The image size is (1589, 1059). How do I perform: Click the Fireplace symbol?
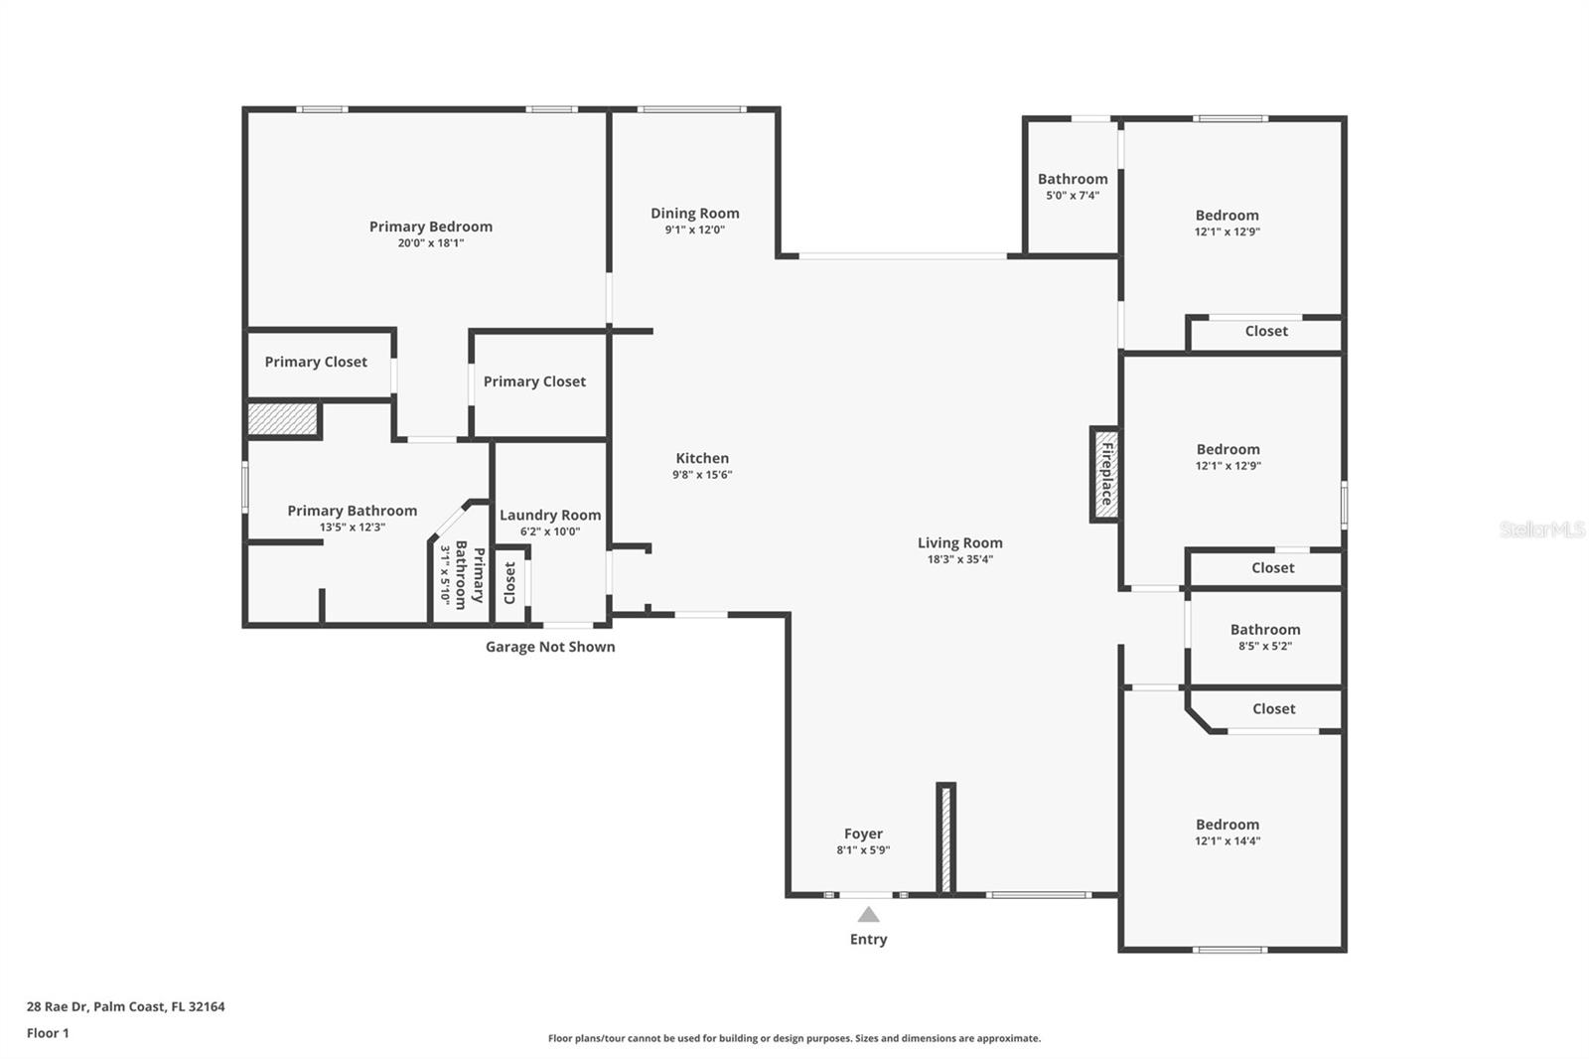[1105, 474]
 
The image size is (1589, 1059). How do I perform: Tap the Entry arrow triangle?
[868, 915]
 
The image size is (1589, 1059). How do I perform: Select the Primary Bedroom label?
[430, 227]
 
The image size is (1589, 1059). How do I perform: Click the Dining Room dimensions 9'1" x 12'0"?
[694, 229]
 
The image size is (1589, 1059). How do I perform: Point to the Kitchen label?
[702, 458]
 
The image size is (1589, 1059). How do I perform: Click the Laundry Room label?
[549, 515]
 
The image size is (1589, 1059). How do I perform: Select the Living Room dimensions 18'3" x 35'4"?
[959, 559]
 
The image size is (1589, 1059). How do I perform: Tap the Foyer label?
[863, 833]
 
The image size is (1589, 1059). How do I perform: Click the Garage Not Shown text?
[549, 647]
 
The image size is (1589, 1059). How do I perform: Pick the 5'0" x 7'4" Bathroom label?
[1073, 180]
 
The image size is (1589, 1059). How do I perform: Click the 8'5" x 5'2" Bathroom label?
[1264, 630]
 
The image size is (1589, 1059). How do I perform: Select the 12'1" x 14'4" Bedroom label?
[1228, 825]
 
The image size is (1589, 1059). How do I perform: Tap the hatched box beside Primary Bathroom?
[282, 418]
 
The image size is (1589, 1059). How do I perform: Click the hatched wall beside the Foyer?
[945, 837]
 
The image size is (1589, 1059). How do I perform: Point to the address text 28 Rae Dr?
[125, 1006]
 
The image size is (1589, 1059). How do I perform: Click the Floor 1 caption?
[48, 1033]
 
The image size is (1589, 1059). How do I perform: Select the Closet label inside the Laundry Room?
[510, 582]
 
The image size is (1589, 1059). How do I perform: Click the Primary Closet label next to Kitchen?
[534, 381]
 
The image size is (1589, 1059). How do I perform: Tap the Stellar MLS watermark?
[1541, 529]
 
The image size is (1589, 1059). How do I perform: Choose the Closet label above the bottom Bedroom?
[1273, 708]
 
